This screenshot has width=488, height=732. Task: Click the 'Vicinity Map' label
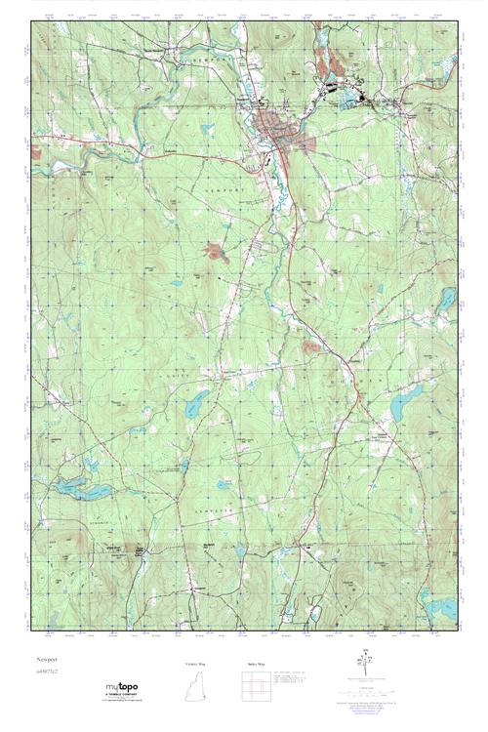click(196, 664)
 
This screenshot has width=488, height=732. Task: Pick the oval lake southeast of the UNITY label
click(195, 401)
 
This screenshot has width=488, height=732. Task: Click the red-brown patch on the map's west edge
click(36, 151)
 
